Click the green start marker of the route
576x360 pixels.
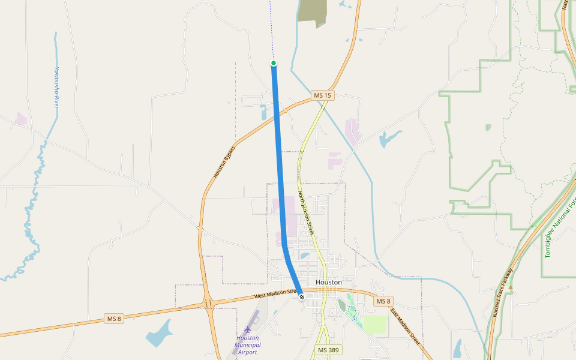coord(274,63)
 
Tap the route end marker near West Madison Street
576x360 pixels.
coord(301,297)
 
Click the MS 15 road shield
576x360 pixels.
coord(322,95)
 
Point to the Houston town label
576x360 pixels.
coord(328,282)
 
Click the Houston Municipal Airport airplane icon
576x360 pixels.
coord(248,329)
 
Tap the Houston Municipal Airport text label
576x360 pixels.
coord(248,344)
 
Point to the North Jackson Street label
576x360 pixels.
coord(306,212)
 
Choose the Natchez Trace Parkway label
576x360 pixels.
coord(503,292)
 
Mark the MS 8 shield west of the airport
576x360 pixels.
coord(113,319)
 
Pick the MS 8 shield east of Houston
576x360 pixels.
coord(383,301)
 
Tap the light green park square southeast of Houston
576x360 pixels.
coord(376,325)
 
